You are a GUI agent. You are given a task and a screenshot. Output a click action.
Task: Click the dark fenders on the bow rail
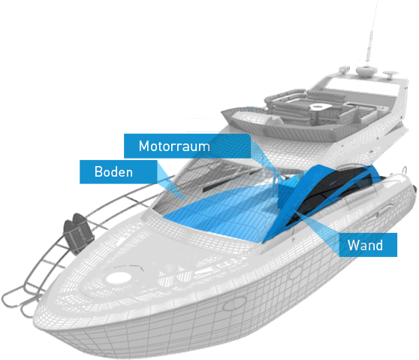(78, 232)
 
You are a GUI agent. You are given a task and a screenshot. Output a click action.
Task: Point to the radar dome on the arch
(366, 71)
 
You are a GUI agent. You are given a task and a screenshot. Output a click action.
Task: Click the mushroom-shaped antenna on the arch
(390, 74)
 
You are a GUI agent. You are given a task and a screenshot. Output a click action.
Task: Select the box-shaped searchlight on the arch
(345, 69)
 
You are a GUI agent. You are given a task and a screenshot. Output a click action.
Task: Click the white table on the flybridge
(321, 107)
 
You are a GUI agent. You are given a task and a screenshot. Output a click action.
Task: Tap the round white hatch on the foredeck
(119, 278)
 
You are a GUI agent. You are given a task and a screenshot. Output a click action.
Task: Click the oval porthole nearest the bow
(234, 304)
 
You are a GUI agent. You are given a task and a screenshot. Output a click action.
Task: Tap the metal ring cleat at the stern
(405, 170)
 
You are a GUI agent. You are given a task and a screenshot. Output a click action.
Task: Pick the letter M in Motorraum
(143, 146)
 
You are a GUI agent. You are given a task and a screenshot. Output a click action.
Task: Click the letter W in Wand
(353, 245)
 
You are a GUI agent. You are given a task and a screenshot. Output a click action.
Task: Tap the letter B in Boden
(98, 171)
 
